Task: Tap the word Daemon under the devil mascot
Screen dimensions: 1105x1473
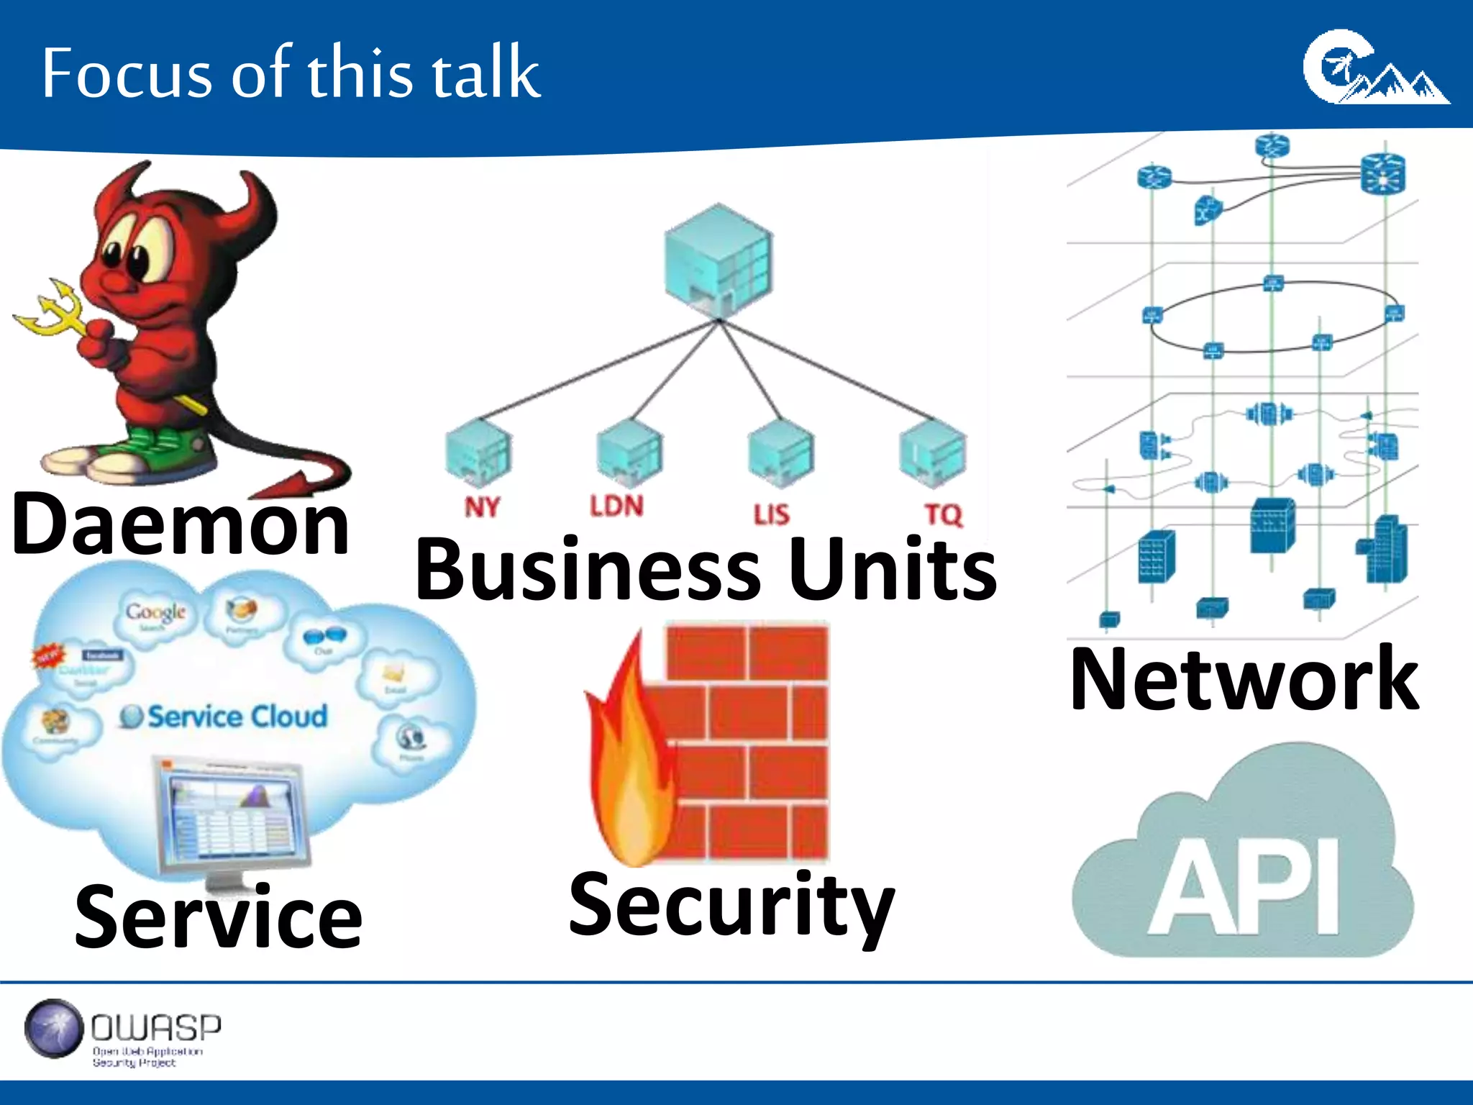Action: click(x=180, y=525)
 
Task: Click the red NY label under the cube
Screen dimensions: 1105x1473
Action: click(x=481, y=507)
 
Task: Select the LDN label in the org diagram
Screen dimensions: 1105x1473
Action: click(x=616, y=506)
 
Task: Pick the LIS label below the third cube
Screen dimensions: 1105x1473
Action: click(x=771, y=514)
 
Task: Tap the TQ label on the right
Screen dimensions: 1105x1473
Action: click(x=943, y=514)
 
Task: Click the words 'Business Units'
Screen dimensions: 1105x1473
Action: click(x=706, y=570)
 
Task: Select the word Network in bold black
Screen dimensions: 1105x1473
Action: click(x=1244, y=679)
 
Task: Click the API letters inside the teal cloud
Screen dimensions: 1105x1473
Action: click(x=1244, y=888)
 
